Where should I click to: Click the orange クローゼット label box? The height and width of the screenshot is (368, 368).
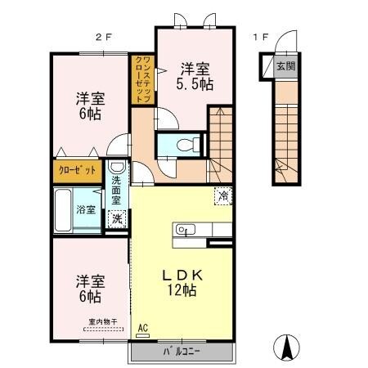pyautogui.click(x=76, y=172)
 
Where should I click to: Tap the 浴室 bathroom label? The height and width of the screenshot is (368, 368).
pyautogui.click(x=86, y=209)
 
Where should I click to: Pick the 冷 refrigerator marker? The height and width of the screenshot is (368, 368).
pyautogui.click(x=222, y=195)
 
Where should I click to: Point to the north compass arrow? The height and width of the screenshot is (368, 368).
pyautogui.click(x=288, y=348)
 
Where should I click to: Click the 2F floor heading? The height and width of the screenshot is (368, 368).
pyautogui.click(x=101, y=37)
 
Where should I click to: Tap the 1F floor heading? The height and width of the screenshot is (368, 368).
pyautogui.click(x=260, y=37)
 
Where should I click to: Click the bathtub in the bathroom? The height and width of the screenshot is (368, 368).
pyautogui.click(x=64, y=210)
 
